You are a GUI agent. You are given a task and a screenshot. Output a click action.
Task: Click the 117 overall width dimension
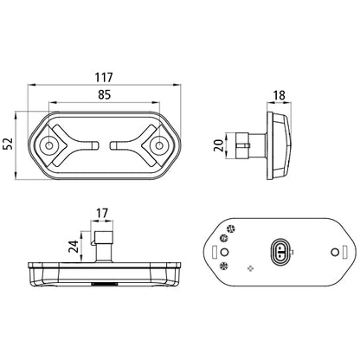104,77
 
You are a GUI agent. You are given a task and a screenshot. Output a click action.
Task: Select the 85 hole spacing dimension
104,94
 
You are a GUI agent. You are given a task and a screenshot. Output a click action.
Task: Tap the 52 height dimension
9,144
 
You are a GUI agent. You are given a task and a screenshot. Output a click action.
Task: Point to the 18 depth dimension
279,95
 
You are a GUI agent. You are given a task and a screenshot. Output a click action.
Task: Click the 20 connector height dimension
219,145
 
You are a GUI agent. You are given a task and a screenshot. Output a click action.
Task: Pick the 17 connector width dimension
102,213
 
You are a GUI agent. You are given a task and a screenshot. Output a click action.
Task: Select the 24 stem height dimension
74,247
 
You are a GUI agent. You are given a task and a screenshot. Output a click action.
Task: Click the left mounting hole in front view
49,145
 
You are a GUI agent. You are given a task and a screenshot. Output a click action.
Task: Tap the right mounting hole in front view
159,145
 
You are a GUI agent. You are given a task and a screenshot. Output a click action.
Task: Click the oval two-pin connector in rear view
280,253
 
